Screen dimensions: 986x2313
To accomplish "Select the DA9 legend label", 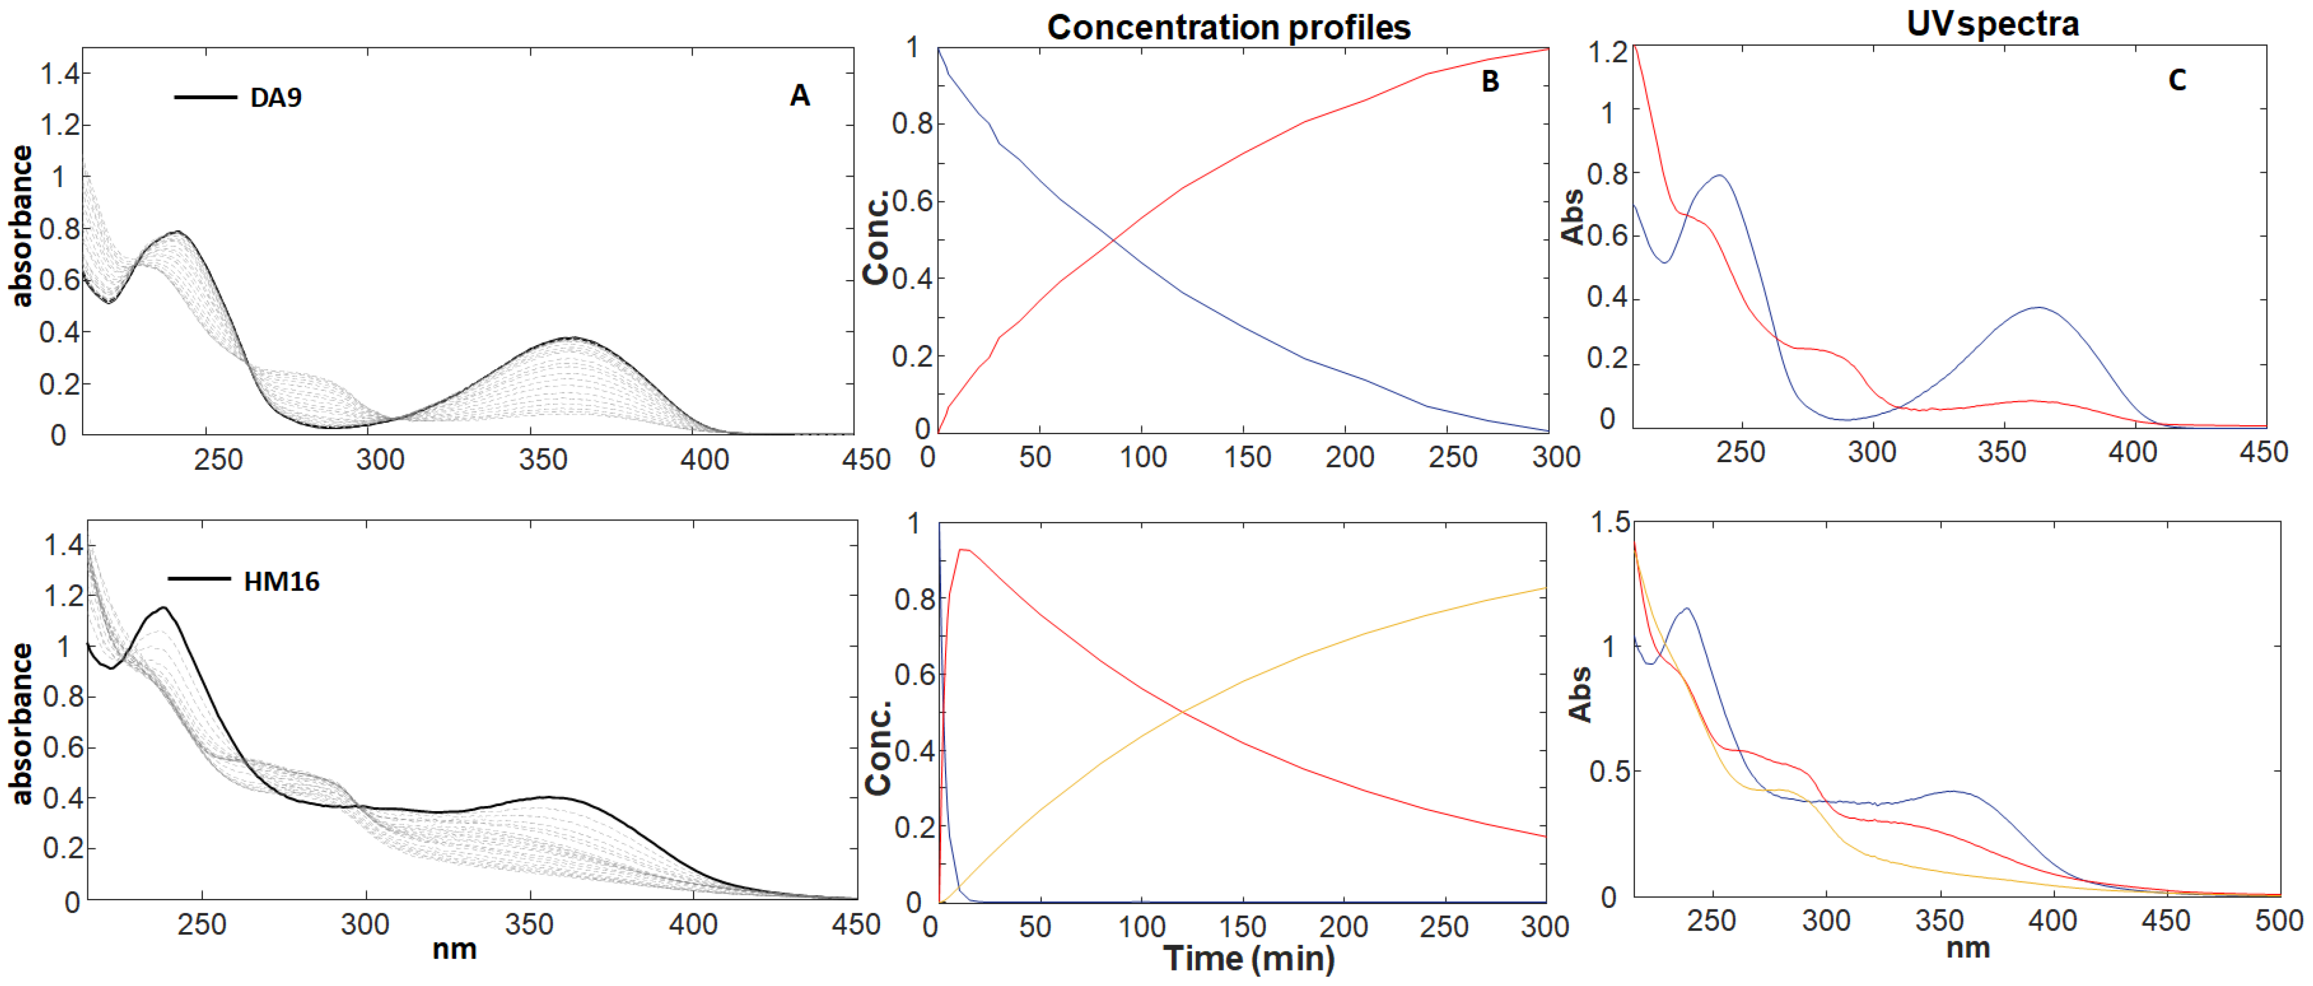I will coord(276,97).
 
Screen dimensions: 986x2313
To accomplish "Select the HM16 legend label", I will coord(281,581).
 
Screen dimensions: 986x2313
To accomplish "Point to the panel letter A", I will coord(799,95).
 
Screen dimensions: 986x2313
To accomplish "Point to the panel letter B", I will coord(1490,82).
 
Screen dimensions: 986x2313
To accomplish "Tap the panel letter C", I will coord(2177,80).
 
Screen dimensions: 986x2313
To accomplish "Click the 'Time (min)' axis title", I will coord(1249,958).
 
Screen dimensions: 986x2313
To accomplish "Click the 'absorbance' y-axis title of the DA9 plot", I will coord(21,226).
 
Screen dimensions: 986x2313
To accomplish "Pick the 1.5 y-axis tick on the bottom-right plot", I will coord(1610,523).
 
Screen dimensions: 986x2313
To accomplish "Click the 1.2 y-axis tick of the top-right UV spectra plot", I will coord(1607,53).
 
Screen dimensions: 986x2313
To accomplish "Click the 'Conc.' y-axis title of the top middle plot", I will coord(876,237).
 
